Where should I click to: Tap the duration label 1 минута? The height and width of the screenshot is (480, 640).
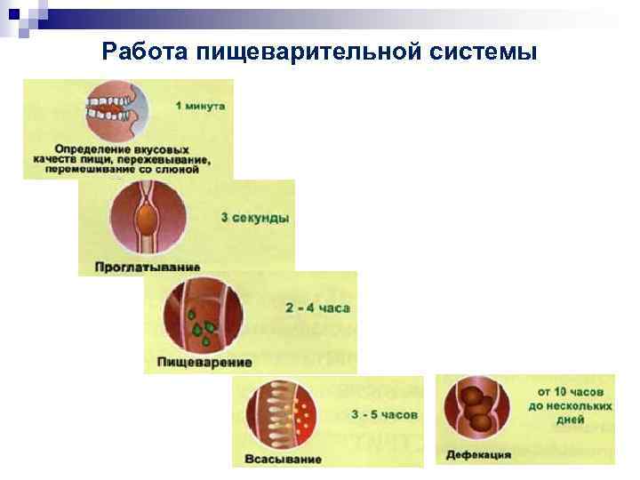[200, 107]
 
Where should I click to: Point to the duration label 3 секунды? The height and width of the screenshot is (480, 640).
[255, 216]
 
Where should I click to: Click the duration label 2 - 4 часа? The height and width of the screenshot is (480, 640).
[318, 308]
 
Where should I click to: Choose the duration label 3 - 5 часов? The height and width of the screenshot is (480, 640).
[383, 414]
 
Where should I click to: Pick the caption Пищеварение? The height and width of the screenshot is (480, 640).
[204, 362]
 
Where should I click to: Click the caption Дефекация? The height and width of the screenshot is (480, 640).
[480, 454]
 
